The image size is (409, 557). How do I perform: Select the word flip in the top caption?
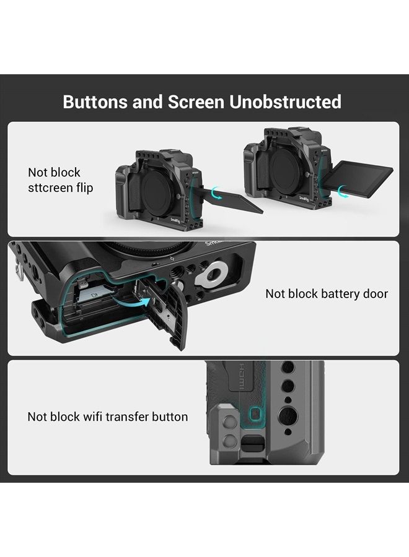coord(86,187)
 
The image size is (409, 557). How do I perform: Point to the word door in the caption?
coord(374,293)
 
